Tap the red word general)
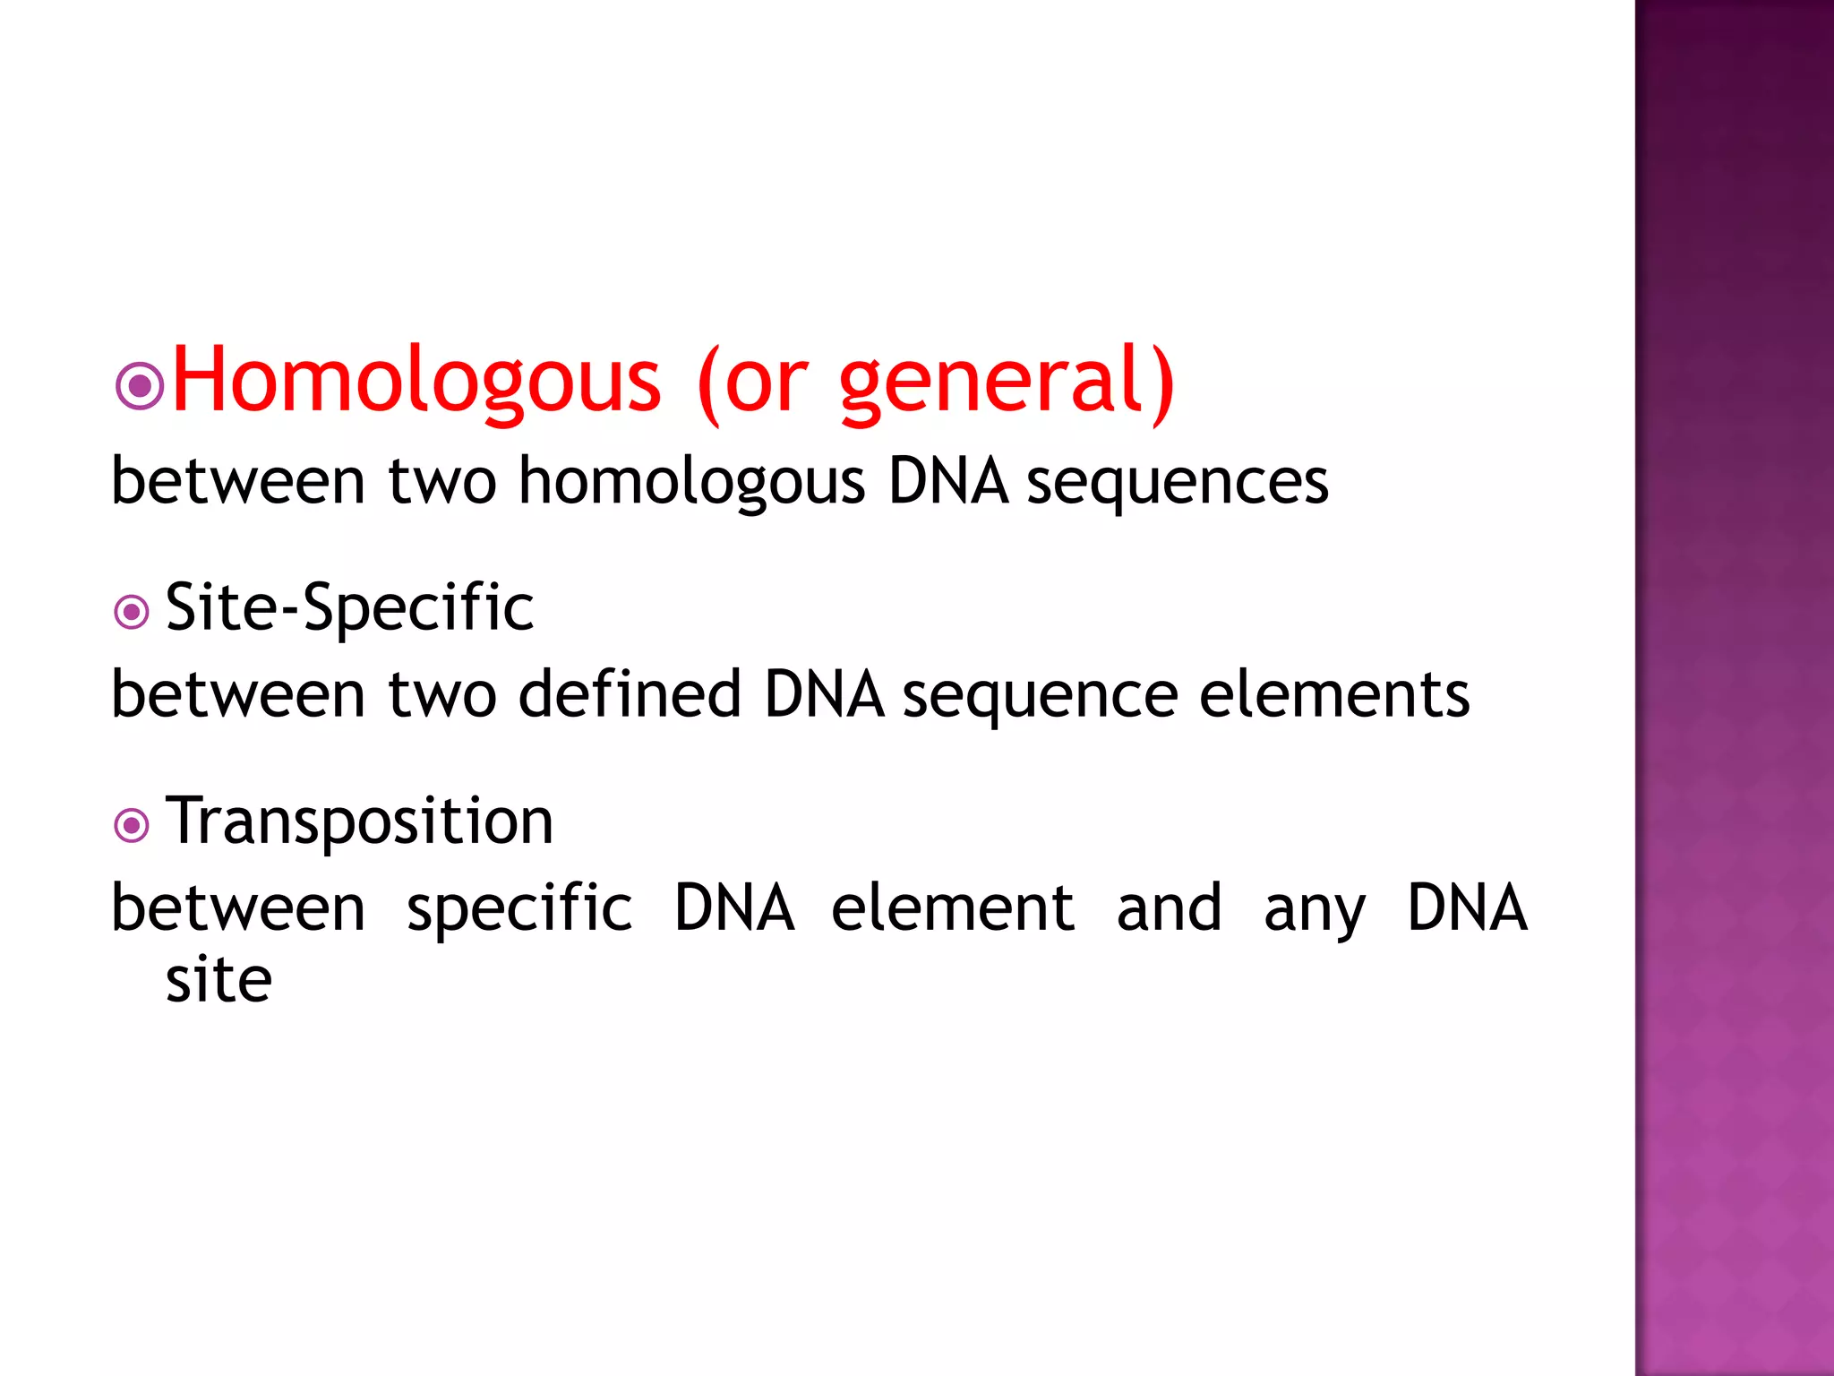tap(1007, 383)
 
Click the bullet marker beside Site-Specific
tap(132, 613)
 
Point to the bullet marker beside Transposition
tap(132, 825)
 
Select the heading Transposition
tap(359, 821)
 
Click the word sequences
tap(1177, 482)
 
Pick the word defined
tap(630, 694)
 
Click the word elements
tap(1333, 694)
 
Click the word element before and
tap(953, 907)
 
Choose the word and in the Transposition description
tap(1169, 907)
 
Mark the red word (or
tap(752, 383)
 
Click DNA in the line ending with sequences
tap(948, 482)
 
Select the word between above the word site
tap(238, 907)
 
